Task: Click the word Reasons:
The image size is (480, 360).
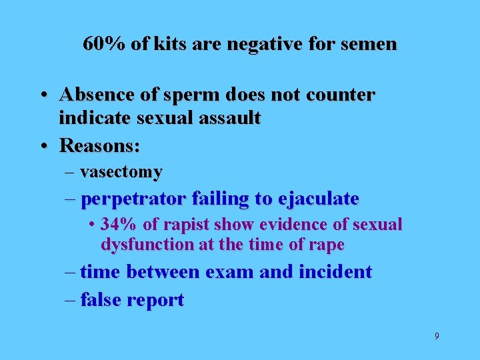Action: [x=100, y=144]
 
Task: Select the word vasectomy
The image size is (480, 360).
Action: [x=121, y=172]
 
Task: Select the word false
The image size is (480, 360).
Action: [x=101, y=300]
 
